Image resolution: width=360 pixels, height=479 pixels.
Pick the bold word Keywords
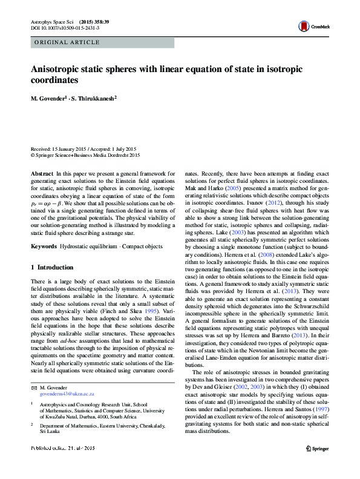click(44, 247)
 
